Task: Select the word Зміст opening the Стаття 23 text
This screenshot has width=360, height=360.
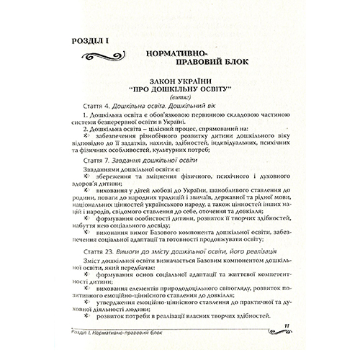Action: tap(94, 266)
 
